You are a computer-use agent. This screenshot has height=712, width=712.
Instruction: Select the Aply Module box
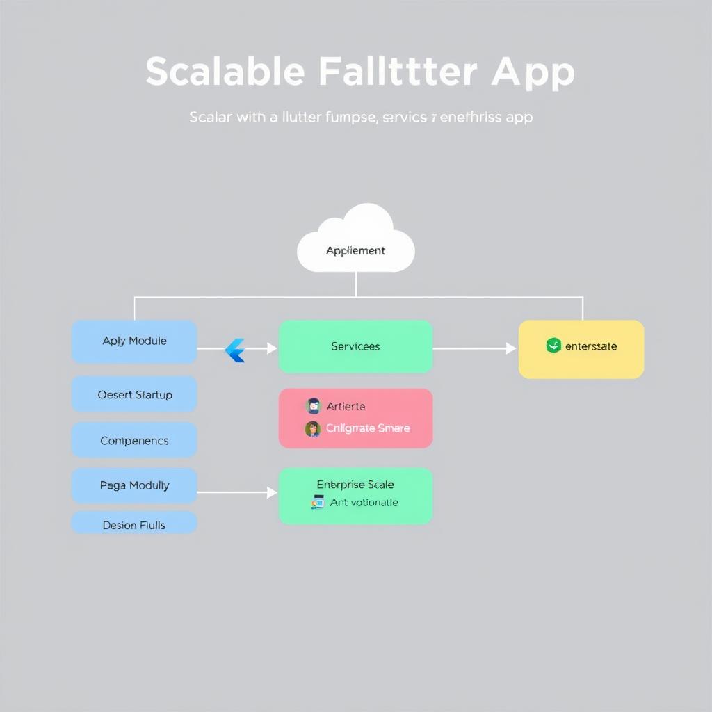coord(134,341)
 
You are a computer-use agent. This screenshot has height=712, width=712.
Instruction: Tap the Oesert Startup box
coord(134,394)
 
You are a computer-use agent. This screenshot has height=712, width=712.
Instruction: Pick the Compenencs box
coord(134,440)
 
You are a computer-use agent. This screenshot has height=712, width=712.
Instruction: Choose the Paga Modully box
coord(134,485)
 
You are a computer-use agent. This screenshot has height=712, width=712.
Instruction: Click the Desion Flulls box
coord(134,524)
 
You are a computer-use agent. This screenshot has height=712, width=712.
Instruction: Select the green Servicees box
coord(355,346)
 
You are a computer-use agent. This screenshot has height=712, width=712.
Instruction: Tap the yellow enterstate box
coord(581,349)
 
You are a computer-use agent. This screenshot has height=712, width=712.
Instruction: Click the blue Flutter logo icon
coord(236,350)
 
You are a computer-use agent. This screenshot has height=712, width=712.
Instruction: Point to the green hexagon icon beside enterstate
coord(553,346)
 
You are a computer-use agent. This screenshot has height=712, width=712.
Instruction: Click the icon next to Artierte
coord(313,406)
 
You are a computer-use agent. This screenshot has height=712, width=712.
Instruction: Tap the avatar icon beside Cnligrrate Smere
coord(313,428)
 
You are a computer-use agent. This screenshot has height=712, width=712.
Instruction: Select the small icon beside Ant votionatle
coord(318,502)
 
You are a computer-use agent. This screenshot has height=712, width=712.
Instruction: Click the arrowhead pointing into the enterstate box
coord(512,348)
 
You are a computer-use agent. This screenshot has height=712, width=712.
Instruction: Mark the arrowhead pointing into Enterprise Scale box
coord(273,492)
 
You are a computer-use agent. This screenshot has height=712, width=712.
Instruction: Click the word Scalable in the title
coord(225,72)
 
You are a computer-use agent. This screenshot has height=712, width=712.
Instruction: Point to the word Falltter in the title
coord(398,72)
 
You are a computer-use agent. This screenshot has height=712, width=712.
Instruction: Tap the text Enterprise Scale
coord(355,485)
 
